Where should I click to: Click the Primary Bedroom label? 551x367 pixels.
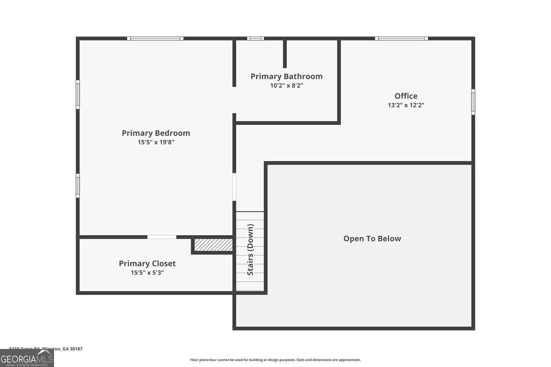click(156, 133)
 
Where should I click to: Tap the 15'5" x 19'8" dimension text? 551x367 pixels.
click(156, 142)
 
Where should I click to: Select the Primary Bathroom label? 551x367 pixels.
click(287, 76)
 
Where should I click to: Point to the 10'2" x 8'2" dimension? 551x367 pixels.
click(287, 86)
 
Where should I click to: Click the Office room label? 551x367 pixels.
click(406, 96)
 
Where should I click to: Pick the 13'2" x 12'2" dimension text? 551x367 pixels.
click(406, 105)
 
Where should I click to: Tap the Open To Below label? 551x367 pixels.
click(372, 239)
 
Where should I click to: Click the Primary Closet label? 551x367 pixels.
click(147, 263)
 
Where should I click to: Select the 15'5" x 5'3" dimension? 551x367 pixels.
click(147, 273)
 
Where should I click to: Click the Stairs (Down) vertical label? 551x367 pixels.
click(250, 250)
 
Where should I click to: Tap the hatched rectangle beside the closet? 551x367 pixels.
click(213, 245)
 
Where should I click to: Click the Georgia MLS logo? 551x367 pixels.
click(27, 358)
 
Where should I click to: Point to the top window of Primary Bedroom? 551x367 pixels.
click(155, 39)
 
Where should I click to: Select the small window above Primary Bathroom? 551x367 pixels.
click(255, 39)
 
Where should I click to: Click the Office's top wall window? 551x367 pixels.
click(401, 39)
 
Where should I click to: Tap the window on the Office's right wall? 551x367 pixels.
click(473, 102)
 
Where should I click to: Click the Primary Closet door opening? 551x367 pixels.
click(162, 237)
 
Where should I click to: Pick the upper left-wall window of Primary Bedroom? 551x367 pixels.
click(78, 94)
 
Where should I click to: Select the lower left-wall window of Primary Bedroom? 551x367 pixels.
click(78, 186)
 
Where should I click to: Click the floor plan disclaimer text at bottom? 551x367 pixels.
click(275, 360)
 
